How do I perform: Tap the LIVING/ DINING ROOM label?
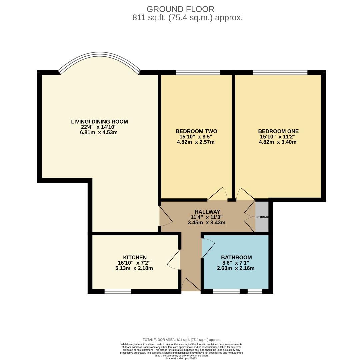99,122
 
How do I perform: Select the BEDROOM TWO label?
196,131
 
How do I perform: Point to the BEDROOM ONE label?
278,131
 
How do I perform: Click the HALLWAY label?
207,212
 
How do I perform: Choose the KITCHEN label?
135,257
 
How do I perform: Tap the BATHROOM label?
236,257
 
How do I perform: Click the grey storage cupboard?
262,217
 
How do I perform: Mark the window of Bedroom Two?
198,72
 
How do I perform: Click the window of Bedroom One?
280,72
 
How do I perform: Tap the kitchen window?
118,291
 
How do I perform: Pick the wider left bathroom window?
226,291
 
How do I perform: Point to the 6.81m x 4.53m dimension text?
99,132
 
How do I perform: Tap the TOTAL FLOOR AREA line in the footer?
181,340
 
